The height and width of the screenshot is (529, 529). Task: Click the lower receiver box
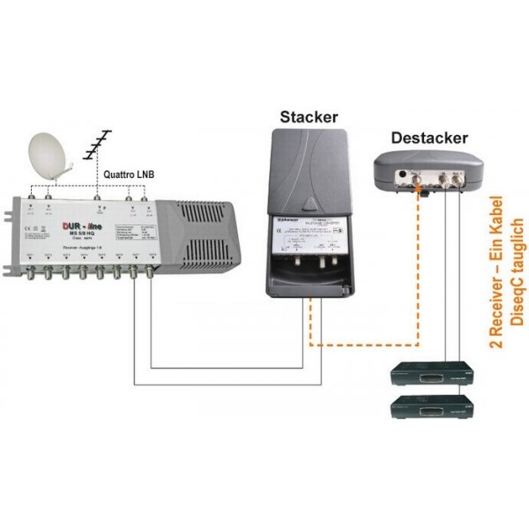point(432,408)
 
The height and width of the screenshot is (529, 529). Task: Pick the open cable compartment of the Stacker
point(310,273)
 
